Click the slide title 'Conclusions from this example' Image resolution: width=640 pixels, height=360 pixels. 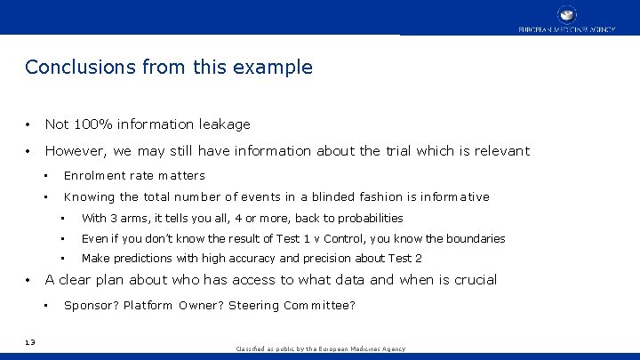[x=169, y=68]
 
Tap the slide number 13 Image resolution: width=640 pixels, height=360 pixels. [x=30, y=341]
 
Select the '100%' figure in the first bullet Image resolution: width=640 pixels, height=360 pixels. [x=92, y=124]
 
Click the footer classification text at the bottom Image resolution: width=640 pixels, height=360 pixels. [x=320, y=349]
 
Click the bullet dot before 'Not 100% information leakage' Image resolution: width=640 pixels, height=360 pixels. [x=29, y=124]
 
